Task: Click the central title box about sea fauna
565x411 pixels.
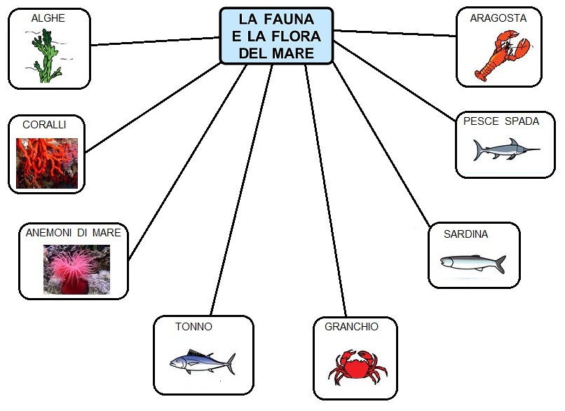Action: coord(276,36)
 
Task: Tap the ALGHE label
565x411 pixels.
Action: coord(48,18)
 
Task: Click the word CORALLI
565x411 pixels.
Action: coord(44,125)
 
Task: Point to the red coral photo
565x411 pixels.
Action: coord(47,163)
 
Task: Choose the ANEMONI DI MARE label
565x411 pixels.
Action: coord(74,232)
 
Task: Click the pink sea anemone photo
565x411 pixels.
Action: coord(76,269)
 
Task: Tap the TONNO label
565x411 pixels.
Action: coord(193,327)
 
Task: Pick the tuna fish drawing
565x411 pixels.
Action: coord(202,362)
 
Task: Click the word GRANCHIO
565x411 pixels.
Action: coord(351,327)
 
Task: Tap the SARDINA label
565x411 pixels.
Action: coord(465,234)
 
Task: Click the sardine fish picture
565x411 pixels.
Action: coord(472,263)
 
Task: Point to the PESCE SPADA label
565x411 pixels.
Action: coord(501,121)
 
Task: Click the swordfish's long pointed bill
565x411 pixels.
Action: coord(526,149)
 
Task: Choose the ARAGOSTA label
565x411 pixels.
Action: coord(498,19)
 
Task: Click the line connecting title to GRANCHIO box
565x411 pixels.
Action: coord(326,189)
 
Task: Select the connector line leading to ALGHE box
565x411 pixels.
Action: coord(154,41)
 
